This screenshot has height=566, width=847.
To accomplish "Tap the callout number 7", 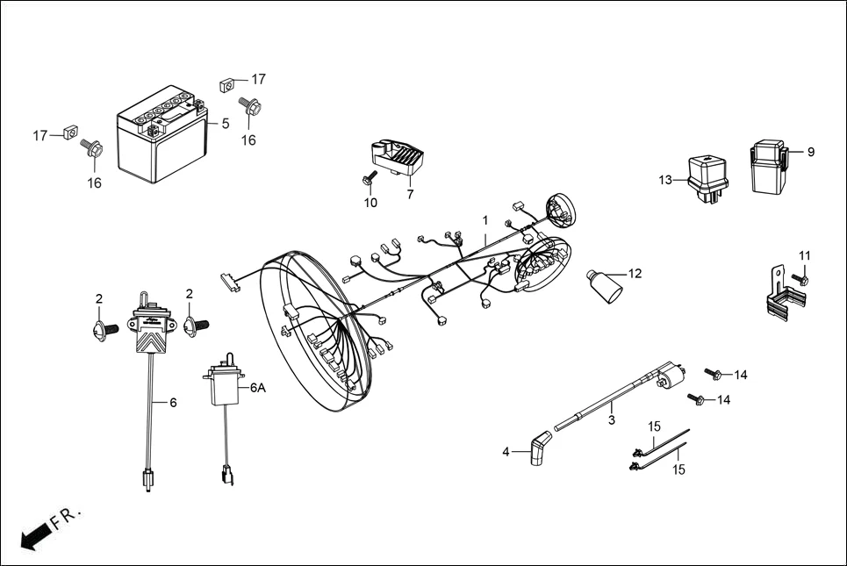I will [410, 194].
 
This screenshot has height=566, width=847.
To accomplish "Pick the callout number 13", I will [666, 181].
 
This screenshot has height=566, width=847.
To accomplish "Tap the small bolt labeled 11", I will [802, 280].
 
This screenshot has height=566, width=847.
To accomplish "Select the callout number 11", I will [805, 255].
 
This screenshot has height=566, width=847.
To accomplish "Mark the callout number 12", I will [635, 274].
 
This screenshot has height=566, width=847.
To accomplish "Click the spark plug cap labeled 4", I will [537, 448].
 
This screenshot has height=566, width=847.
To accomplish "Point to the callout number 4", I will [506, 452].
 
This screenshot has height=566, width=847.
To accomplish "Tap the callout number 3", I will [611, 420].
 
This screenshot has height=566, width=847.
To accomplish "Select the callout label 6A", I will [257, 387].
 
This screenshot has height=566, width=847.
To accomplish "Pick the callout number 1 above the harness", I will [484, 219].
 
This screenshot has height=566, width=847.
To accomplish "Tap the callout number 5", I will [226, 124].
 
